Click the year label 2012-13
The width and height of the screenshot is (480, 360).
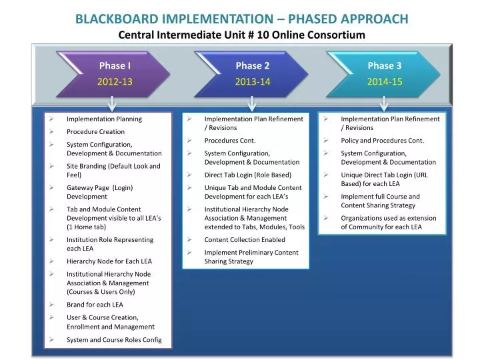point(115,82)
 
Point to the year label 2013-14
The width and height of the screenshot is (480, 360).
point(252,82)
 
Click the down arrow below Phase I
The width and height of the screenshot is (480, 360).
point(113,103)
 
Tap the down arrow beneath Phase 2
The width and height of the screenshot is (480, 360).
point(251,103)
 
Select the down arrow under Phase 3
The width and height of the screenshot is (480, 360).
point(383,103)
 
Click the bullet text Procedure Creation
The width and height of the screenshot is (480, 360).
point(95,131)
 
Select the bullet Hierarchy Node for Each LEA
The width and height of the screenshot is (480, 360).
point(109,261)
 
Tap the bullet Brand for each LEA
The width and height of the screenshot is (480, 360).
point(95,304)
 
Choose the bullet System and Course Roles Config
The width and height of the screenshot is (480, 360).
point(114,339)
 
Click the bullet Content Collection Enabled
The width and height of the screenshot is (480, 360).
point(244,239)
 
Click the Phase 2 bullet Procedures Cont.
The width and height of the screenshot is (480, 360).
point(229,140)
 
